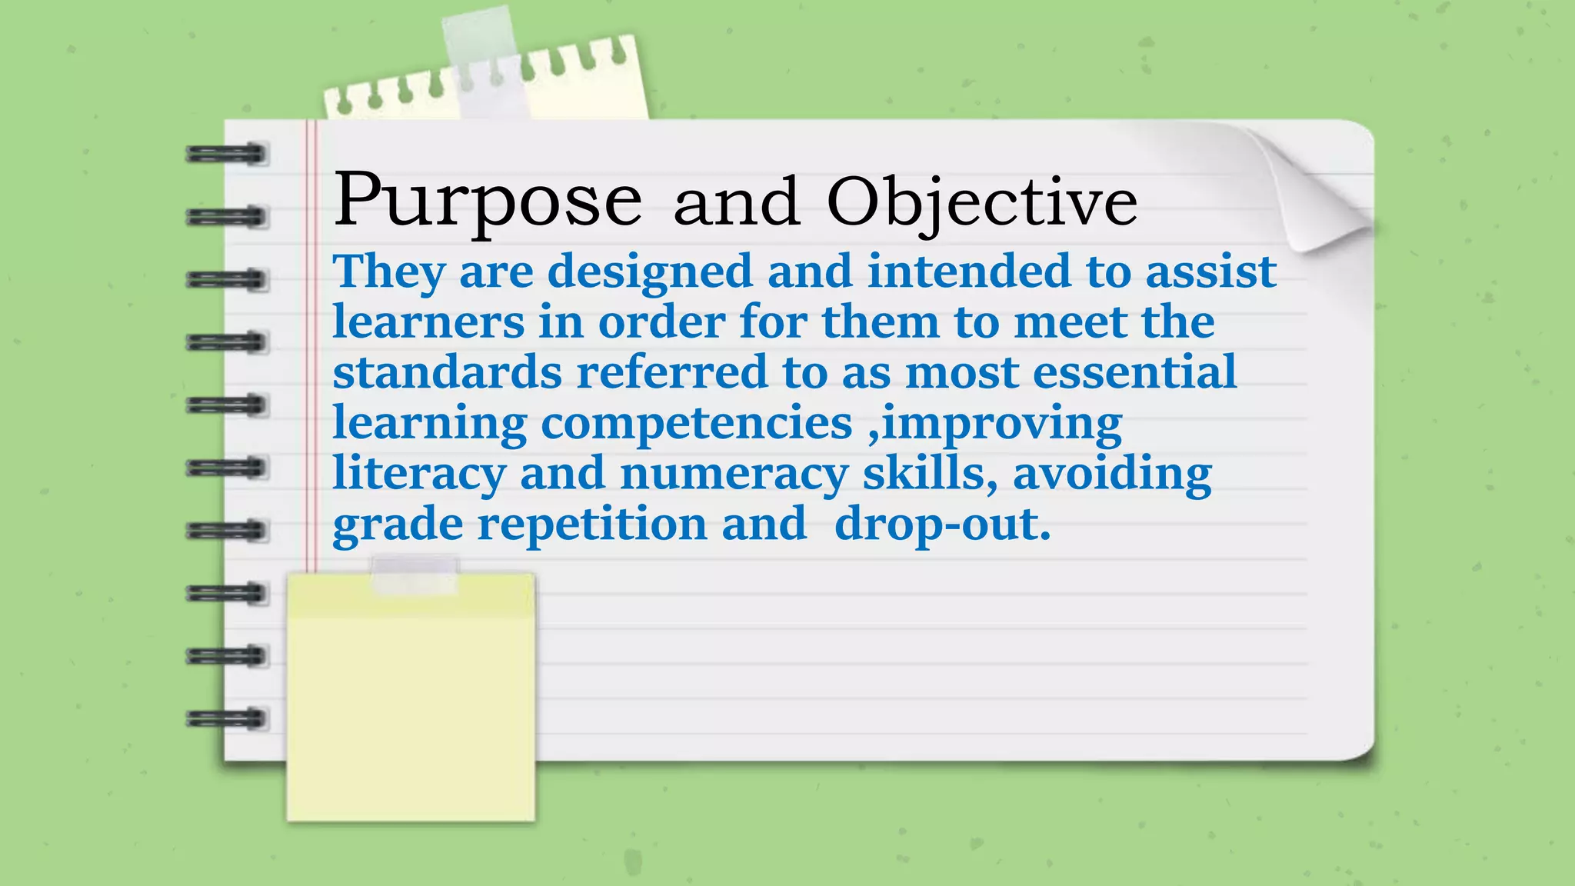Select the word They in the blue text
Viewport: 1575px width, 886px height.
(x=388, y=272)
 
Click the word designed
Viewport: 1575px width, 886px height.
(x=650, y=272)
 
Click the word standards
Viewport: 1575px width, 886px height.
(x=447, y=371)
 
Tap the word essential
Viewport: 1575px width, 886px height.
(x=1134, y=371)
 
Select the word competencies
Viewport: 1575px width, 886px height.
(x=697, y=423)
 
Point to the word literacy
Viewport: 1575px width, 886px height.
(x=418, y=474)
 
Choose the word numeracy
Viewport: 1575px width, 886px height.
(x=734, y=474)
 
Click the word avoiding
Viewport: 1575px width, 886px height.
(x=1112, y=474)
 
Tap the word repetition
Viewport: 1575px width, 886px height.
(x=592, y=525)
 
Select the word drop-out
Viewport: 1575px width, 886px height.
(x=942, y=525)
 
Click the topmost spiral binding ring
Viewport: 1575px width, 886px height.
(x=226, y=154)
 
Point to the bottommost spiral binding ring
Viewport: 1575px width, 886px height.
(x=226, y=719)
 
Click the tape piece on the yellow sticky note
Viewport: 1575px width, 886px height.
(x=415, y=575)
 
